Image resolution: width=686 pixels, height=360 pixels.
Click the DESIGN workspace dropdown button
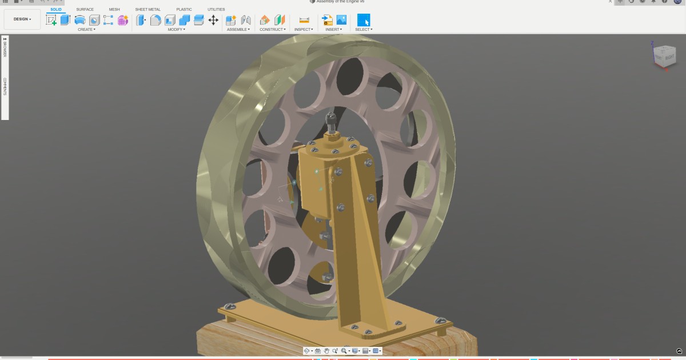(x=22, y=19)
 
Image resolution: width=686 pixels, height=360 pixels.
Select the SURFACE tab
(x=85, y=9)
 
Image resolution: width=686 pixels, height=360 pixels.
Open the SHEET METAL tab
(x=147, y=9)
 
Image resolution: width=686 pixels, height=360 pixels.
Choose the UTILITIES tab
(x=216, y=9)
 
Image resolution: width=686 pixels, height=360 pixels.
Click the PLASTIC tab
(x=184, y=9)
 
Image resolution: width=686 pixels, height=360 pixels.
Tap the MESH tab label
(x=114, y=9)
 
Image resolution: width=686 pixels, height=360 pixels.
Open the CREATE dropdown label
(x=86, y=29)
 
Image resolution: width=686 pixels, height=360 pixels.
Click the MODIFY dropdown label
(x=176, y=29)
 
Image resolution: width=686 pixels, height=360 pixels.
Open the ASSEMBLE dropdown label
(x=238, y=29)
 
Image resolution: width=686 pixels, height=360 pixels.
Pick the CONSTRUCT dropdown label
(x=272, y=29)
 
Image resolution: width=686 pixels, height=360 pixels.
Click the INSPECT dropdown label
(x=304, y=29)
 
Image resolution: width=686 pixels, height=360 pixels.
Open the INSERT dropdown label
(x=334, y=29)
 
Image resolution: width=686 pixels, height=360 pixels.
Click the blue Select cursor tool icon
(x=364, y=20)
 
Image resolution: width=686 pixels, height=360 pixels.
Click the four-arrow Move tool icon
(x=213, y=20)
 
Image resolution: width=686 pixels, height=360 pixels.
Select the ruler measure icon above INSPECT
(x=304, y=20)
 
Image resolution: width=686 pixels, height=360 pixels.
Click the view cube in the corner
(x=664, y=55)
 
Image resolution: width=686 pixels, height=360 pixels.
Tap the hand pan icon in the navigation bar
(x=326, y=351)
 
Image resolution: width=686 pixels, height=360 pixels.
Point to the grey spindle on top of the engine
(x=330, y=121)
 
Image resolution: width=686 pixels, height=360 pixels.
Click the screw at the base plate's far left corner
(x=229, y=307)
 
